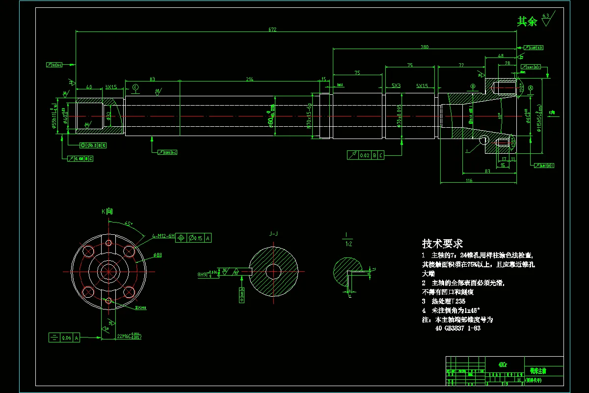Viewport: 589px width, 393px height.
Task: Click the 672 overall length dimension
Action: pyautogui.click(x=272, y=30)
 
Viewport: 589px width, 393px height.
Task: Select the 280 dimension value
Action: pyautogui.click(x=425, y=47)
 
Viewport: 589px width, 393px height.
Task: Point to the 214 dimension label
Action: pyautogui.click(x=250, y=79)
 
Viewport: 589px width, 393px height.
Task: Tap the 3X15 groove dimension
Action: pyautogui.click(x=111, y=87)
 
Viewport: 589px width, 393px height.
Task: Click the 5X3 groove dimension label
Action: pyautogui.click(x=396, y=85)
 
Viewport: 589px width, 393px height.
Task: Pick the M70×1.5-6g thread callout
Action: pyautogui.click(x=309, y=116)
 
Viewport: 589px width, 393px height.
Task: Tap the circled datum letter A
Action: pyautogui.click(x=531, y=87)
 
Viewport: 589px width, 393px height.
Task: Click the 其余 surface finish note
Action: pyautogui.click(x=528, y=22)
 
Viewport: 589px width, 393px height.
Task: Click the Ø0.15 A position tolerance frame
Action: pyautogui.click(x=194, y=238)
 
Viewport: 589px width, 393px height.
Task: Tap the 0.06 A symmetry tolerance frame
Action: pyautogui.click(x=64, y=337)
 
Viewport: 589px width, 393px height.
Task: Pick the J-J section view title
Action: pyautogui.click(x=274, y=234)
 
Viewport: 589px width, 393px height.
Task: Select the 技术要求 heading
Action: pyautogui.click(x=442, y=244)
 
